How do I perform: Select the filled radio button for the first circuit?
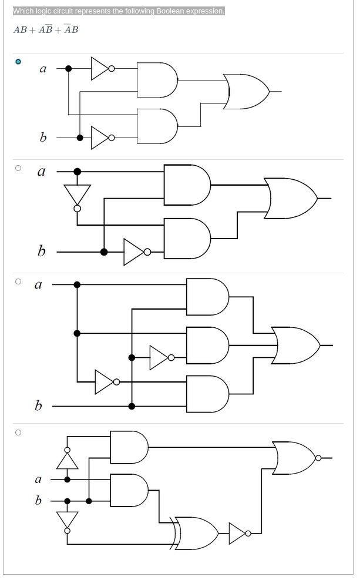[x=18, y=61]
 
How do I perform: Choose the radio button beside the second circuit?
[x=18, y=168]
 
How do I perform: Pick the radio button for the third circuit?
[x=18, y=281]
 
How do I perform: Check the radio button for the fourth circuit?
[x=18, y=433]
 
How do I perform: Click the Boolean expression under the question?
[x=46, y=30]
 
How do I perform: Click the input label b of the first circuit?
[x=42, y=138]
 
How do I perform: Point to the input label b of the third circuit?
[x=38, y=405]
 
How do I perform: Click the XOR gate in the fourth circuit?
[x=196, y=533]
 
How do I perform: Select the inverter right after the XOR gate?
[x=238, y=533]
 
